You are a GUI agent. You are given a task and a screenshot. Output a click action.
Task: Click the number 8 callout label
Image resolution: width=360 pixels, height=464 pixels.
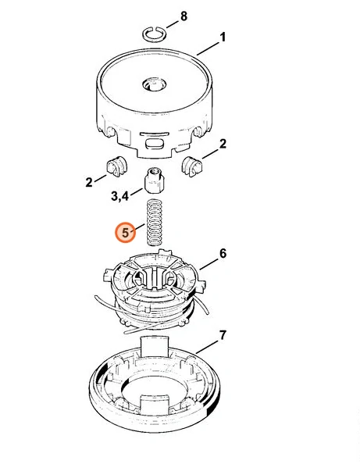184,16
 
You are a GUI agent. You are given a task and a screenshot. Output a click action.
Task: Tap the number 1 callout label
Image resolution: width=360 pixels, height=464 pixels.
223,37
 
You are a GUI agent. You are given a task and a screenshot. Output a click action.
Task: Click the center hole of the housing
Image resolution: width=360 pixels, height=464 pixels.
154,84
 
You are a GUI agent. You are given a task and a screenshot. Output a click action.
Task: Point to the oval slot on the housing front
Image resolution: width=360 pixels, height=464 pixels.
154,144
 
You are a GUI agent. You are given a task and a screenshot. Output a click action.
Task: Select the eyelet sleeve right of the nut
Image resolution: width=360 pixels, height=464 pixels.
191,166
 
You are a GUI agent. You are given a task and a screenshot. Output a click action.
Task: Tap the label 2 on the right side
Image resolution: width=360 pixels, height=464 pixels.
223,144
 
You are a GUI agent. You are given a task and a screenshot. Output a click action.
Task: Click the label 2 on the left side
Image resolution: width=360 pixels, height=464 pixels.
89,182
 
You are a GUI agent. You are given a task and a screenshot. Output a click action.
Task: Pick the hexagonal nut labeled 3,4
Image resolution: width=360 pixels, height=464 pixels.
154,180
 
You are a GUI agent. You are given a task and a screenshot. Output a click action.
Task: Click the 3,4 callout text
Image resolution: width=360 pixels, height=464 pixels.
119,196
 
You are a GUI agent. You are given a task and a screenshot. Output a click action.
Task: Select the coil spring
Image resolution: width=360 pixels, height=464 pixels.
155,222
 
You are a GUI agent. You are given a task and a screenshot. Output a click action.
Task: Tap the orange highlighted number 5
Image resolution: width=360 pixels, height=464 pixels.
126,232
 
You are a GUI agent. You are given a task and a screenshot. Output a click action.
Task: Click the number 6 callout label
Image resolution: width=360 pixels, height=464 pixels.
223,254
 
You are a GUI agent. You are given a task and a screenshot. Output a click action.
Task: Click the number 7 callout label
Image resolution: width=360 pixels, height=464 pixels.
223,336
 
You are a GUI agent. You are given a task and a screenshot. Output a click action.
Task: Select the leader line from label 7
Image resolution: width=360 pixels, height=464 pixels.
207,347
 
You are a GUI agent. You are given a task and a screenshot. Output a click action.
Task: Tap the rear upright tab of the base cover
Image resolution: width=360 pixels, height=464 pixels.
154,346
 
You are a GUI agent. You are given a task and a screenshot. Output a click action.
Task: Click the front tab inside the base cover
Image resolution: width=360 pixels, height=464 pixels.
154,404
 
